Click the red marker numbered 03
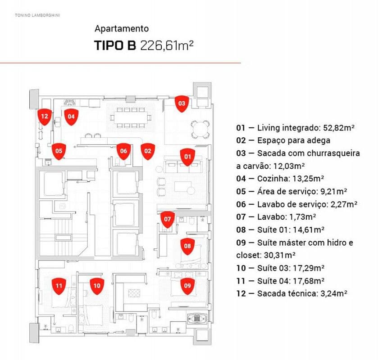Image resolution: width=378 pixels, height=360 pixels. click(x=182, y=104)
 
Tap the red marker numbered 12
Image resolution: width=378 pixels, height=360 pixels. click(x=45, y=117)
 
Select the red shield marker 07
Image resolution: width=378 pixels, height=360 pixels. click(x=168, y=219)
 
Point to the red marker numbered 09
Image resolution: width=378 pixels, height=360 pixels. click(x=187, y=286)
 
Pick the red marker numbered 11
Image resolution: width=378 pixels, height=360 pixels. click(x=59, y=286)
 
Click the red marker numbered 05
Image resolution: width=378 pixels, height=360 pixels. click(x=59, y=151)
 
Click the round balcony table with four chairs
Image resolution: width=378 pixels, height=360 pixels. click(x=200, y=129)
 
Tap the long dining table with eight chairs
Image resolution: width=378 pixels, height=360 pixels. click(x=130, y=118)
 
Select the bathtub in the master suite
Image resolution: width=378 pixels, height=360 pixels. click(x=198, y=319)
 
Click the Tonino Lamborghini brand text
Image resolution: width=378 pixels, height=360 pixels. click(x=37, y=15)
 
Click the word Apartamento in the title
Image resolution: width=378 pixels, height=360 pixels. click(x=122, y=29)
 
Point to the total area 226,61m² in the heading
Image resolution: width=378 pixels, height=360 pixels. click(x=167, y=45)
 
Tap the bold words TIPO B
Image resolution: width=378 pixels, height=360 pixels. click(x=115, y=45)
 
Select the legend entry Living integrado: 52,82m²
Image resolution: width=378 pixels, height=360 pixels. click(x=295, y=128)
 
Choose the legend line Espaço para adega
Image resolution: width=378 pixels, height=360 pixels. click(x=283, y=141)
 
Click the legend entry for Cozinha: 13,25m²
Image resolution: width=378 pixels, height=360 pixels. click(x=280, y=179)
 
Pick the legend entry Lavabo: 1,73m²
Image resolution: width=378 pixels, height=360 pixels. click(x=276, y=217)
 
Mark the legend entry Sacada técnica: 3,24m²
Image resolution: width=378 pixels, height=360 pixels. click(x=291, y=294)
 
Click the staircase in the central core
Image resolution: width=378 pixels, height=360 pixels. click(x=64, y=238)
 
